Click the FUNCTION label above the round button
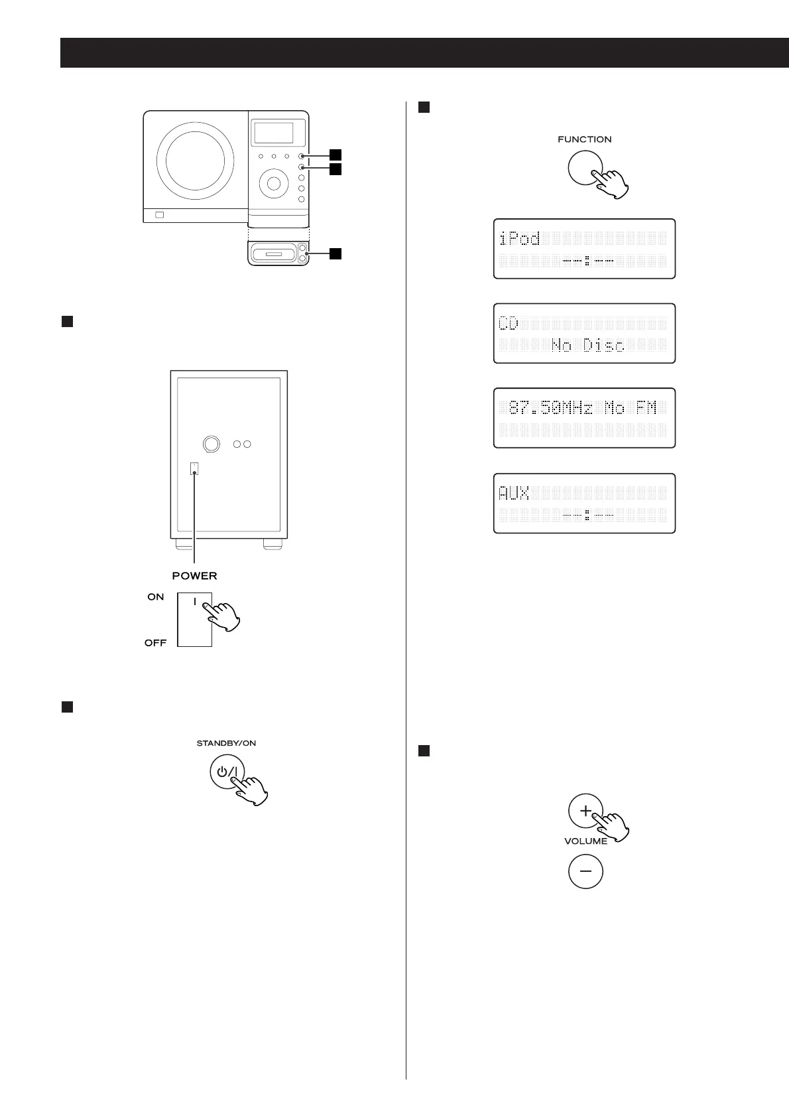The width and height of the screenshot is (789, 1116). [x=584, y=139]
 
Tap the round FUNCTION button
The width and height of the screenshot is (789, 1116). [x=585, y=167]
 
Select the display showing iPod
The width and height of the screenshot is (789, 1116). [x=584, y=249]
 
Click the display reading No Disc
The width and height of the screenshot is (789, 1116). [x=584, y=334]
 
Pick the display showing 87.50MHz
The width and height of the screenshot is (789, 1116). [x=584, y=418]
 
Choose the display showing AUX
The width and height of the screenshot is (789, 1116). [x=584, y=503]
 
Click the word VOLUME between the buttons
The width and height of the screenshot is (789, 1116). [x=585, y=841]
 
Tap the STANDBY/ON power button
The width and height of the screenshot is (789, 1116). [x=227, y=772]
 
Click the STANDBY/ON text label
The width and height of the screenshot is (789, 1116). [x=226, y=743]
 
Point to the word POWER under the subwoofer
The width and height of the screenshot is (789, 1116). [x=194, y=575]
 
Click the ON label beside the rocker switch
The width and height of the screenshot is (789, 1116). [x=156, y=597]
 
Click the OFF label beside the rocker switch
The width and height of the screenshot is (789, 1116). [x=156, y=643]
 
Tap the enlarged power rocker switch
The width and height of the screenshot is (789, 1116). [x=194, y=619]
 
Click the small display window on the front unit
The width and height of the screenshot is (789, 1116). [x=274, y=133]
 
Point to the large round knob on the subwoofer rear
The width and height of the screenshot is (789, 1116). [x=212, y=444]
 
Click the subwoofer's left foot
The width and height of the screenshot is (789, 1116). [x=186, y=544]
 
